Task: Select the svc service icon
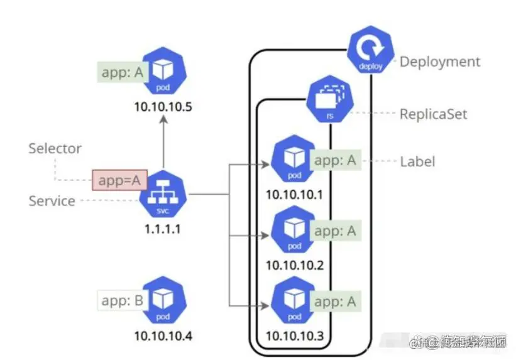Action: pos(163,194)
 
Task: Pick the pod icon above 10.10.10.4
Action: pos(164,301)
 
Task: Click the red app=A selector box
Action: pos(119,181)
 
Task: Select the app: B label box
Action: pos(122,301)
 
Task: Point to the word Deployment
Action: pos(440,62)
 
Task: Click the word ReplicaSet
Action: pos(434,115)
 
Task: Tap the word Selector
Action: pos(55,149)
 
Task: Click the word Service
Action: pos(52,202)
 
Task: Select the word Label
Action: pos(417,162)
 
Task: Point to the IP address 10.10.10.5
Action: pos(162,107)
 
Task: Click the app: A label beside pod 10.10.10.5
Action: pos(122,72)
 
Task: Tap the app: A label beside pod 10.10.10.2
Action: pos(335,231)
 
